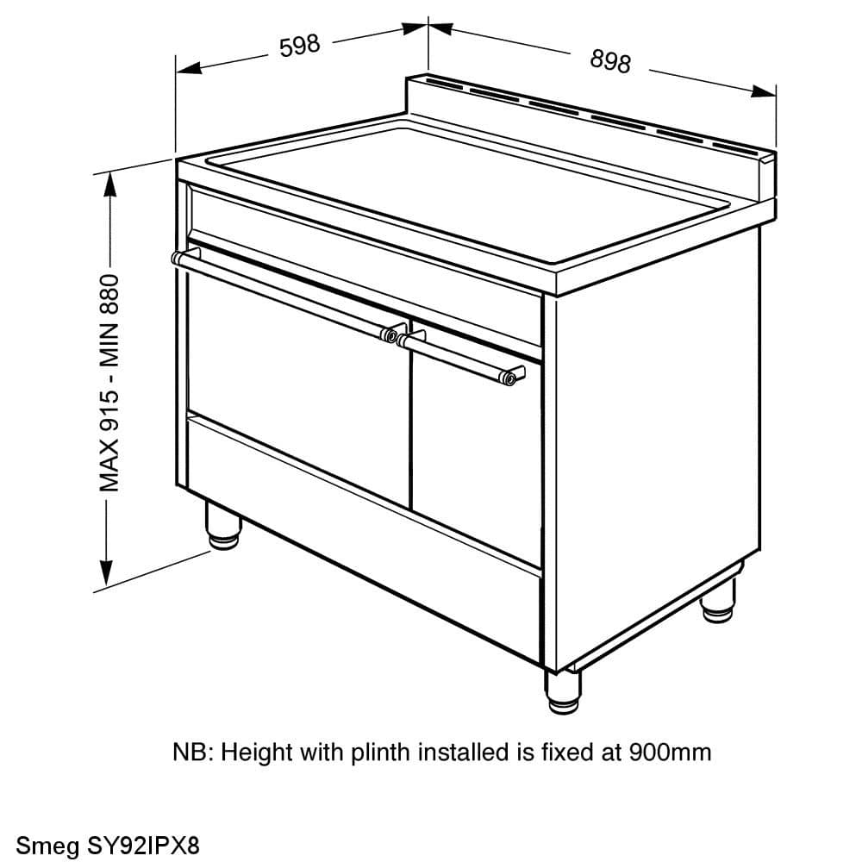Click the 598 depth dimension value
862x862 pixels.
point(300,46)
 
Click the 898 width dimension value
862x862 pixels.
point(611,61)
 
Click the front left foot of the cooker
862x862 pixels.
point(222,525)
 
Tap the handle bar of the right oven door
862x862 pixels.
point(461,358)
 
